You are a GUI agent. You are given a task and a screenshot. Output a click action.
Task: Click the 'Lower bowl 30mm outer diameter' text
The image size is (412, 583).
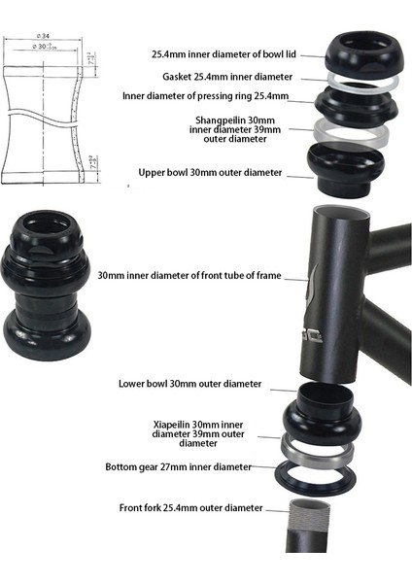click(x=189, y=384)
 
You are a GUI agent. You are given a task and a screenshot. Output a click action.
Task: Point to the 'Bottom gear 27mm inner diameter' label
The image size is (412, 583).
click(x=178, y=466)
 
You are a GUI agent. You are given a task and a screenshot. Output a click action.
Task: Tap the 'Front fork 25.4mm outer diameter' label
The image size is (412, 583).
click(x=191, y=507)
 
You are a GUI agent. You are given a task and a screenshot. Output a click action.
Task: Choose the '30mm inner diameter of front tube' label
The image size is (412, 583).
click(x=189, y=275)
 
